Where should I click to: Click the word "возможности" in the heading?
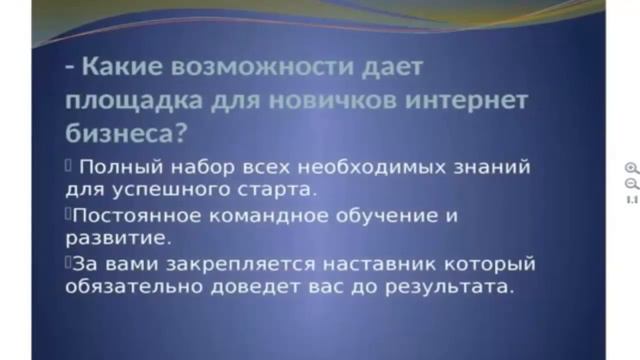pos(263,69)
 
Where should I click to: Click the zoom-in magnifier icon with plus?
pos(631,169)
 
